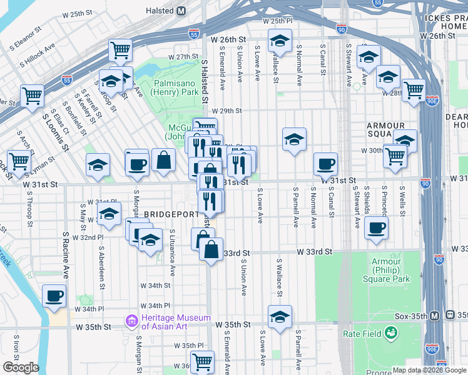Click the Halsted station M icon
pyautogui.click(x=181, y=11)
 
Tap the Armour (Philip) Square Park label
pyautogui.click(x=390, y=270)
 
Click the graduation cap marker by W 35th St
pyautogui.click(x=280, y=316)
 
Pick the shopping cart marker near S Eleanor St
pyautogui.click(x=120, y=50)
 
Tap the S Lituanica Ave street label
pyautogui.click(x=172, y=252)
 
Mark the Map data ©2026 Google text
pyautogui.click(x=429, y=369)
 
